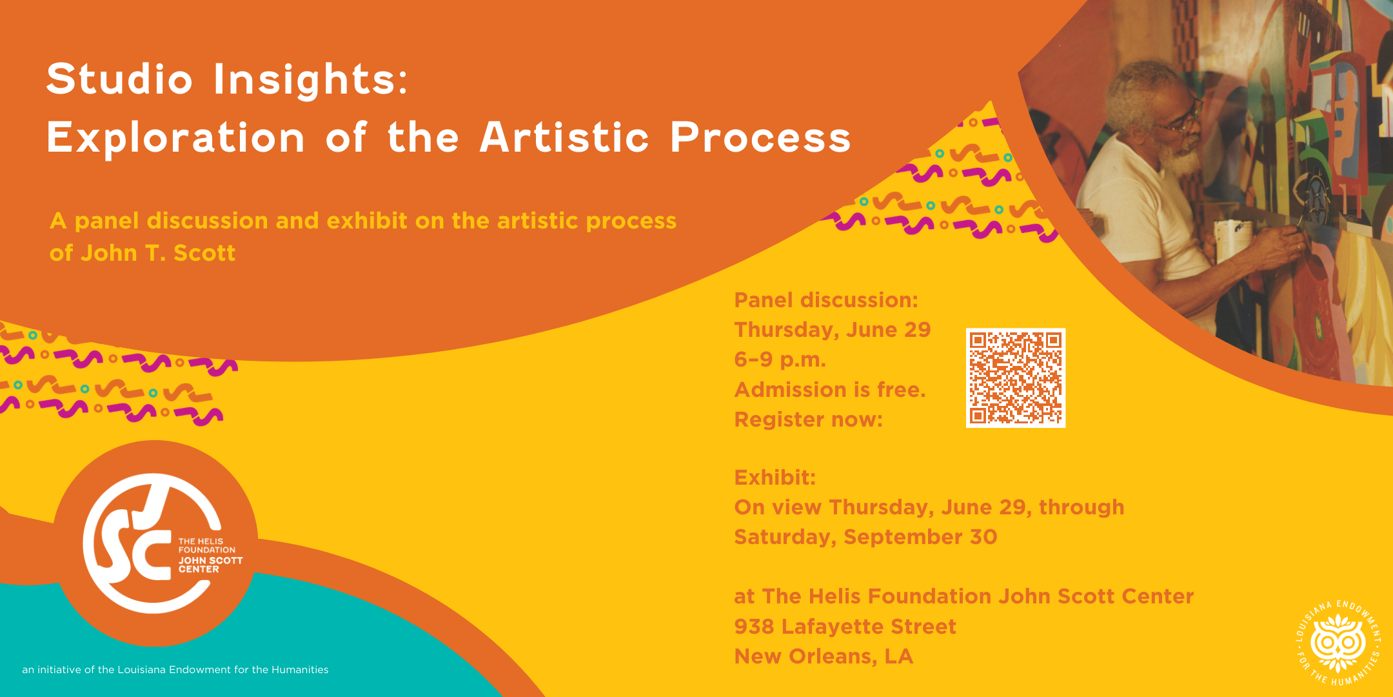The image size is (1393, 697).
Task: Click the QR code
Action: (1016, 378)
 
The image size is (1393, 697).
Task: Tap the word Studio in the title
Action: (120, 79)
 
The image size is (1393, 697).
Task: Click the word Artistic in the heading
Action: (564, 137)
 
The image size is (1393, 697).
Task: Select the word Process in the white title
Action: (761, 137)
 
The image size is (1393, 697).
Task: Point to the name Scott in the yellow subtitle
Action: (204, 253)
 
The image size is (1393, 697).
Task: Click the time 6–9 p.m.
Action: (780, 359)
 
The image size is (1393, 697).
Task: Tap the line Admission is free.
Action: (830, 390)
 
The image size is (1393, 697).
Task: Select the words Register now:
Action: (809, 419)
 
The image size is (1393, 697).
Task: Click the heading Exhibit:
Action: (775, 478)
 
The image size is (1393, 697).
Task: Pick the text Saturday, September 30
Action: (866, 537)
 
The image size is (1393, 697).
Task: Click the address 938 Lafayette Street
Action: (845, 627)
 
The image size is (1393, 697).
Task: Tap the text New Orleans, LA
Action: (824, 656)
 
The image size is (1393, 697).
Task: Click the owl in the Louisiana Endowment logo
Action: (1339, 643)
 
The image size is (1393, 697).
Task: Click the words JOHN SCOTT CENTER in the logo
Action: (210, 565)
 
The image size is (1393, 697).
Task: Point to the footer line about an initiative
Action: (175, 670)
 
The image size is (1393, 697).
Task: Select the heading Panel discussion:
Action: (826, 300)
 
